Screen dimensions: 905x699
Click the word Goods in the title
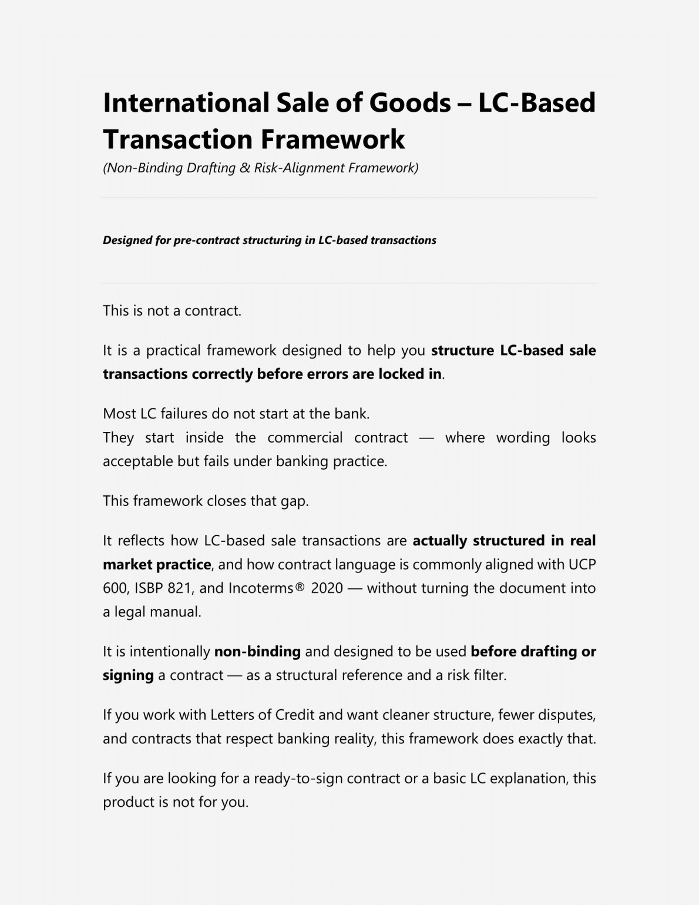point(409,102)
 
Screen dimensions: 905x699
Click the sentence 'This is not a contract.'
point(172,310)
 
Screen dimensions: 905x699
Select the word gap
point(294,501)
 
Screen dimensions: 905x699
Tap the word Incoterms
point(260,588)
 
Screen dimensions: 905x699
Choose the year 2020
point(327,588)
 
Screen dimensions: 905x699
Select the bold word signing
point(128,675)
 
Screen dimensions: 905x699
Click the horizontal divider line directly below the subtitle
point(349,198)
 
